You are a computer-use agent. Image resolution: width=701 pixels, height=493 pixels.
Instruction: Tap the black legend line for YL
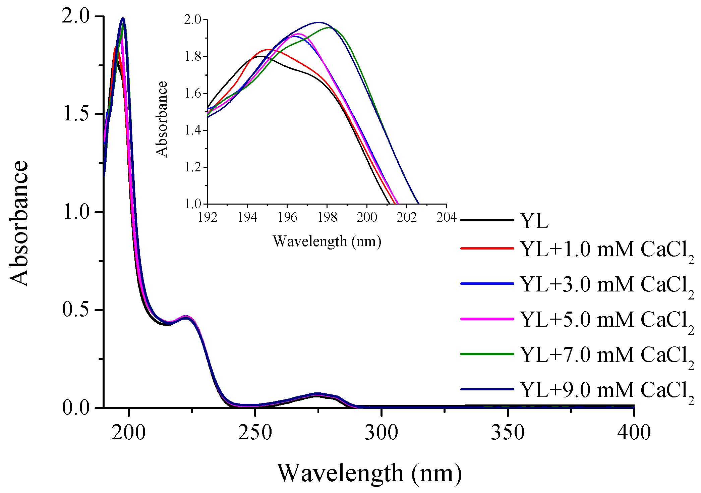click(487, 220)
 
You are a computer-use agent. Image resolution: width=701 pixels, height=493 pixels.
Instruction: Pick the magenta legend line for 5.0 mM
click(487, 319)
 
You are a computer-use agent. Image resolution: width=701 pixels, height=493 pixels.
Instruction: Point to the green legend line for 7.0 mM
click(487, 354)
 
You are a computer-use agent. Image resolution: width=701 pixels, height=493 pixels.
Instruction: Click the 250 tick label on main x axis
click(255, 432)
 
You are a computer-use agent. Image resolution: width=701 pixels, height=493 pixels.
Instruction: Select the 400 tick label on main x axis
click(634, 432)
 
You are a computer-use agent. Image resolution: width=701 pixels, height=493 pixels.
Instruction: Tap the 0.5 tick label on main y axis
click(76, 310)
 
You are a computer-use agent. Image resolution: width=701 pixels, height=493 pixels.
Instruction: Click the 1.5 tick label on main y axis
click(76, 114)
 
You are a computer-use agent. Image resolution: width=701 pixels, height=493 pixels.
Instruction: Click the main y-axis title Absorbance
click(19, 223)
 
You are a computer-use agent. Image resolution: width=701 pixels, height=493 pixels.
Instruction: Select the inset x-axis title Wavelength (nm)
click(327, 241)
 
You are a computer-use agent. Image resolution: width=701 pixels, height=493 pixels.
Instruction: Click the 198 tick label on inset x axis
click(327, 217)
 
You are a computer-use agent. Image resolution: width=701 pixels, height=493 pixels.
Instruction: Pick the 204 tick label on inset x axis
click(446, 217)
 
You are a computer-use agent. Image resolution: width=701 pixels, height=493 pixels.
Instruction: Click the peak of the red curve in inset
click(269, 49)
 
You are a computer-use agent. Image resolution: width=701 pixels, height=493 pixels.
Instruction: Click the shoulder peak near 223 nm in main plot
click(187, 317)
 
